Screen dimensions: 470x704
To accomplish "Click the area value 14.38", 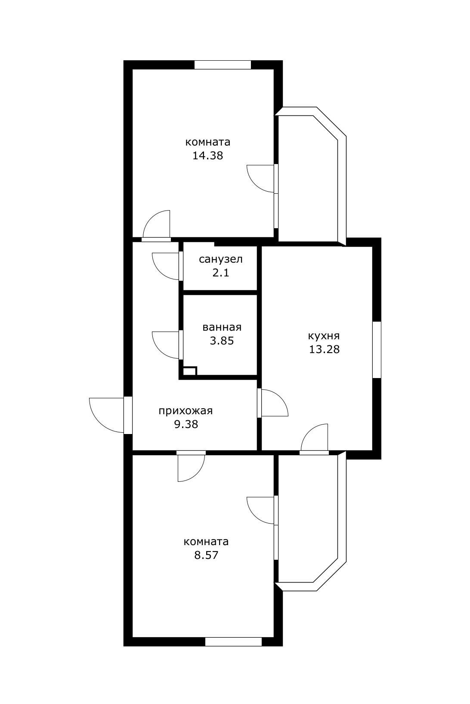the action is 207,155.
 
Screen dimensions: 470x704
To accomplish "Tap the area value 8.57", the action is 206,555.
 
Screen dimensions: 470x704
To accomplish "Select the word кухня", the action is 324,336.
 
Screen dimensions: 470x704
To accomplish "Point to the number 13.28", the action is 324,350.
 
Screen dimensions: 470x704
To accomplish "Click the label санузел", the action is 220,260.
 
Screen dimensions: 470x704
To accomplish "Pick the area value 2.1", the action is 220,273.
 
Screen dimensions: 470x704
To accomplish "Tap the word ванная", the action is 222,328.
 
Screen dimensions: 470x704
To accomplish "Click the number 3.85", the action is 222,341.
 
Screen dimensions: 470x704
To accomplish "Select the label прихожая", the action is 186,411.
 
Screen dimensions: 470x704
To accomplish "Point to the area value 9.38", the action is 186,425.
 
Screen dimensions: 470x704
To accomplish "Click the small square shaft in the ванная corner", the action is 190,371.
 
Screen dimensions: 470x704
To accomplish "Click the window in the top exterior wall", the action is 223,65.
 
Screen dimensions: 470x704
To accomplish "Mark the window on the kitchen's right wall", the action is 377,350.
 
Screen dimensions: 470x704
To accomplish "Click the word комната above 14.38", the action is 207,143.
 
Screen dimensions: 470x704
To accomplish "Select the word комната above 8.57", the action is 206,542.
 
